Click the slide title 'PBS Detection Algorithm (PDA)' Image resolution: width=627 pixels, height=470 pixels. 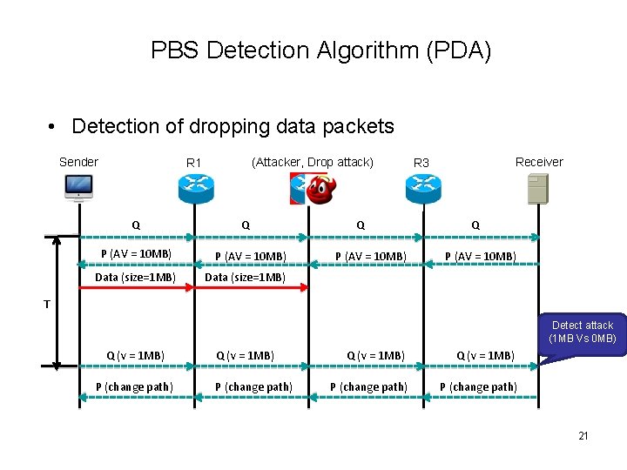coord(320,50)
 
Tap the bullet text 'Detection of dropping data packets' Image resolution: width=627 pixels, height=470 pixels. coord(233,126)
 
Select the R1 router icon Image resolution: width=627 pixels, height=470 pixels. coord(196,187)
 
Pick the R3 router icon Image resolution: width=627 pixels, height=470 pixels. coord(423,187)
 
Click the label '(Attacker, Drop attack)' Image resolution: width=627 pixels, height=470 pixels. coord(312,162)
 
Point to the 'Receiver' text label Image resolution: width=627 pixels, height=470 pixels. coord(539,162)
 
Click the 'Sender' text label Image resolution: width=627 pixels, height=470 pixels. coord(78,162)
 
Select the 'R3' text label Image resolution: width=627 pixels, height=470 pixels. coord(421,163)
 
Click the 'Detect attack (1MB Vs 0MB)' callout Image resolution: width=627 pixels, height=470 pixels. coord(582,332)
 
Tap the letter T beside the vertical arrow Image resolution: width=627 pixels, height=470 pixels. coord(49,304)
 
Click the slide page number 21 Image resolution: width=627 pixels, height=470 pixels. coord(583,435)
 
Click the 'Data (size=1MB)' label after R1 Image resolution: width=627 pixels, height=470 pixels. coord(245,278)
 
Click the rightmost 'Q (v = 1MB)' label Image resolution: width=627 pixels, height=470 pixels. coord(486,355)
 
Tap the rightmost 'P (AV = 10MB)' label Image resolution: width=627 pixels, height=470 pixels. coord(481,256)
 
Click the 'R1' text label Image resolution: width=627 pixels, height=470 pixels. coord(193,163)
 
